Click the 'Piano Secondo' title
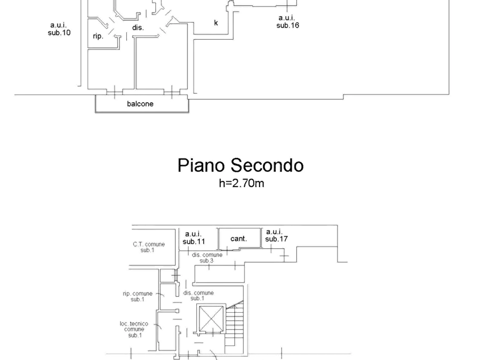pyautogui.click(x=241, y=165)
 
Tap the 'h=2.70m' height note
pyautogui.click(x=241, y=183)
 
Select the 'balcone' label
pyautogui.click(x=140, y=104)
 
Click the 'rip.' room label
pyautogui.click(x=98, y=37)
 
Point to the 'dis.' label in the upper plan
pyautogui.click(x=138, y=27)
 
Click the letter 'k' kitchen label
pyautogui.click(x=216, y=23)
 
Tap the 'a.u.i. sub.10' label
pyautogui.click(x=59, y=29)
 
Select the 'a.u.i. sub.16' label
pyautogui.click(x=288, y=21)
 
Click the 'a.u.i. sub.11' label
pyautogui.click(x=194, y=238)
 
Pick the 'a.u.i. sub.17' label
pyautogui.click(x=276, y=235)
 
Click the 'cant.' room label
pyautogui.click(x=239, y=239)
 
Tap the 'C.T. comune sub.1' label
pyautogui.click(x=149, y=247)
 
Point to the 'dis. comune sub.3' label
pyautogui.click(x=207, y=258)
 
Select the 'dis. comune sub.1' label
pyautogui.click(x=198, y=296)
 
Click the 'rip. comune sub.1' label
pyautogui.click(x=138, y=296)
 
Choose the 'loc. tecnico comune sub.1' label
pyautogui.click(x=134, y=329)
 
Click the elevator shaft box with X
pyautogui.click(x=211, y=319)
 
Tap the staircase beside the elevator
pyautogui.click(x=234, y=327)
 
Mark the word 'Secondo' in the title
pyautogui.click(x=267, y=165)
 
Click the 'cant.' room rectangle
pyautogui.click(x=239, y=238)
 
